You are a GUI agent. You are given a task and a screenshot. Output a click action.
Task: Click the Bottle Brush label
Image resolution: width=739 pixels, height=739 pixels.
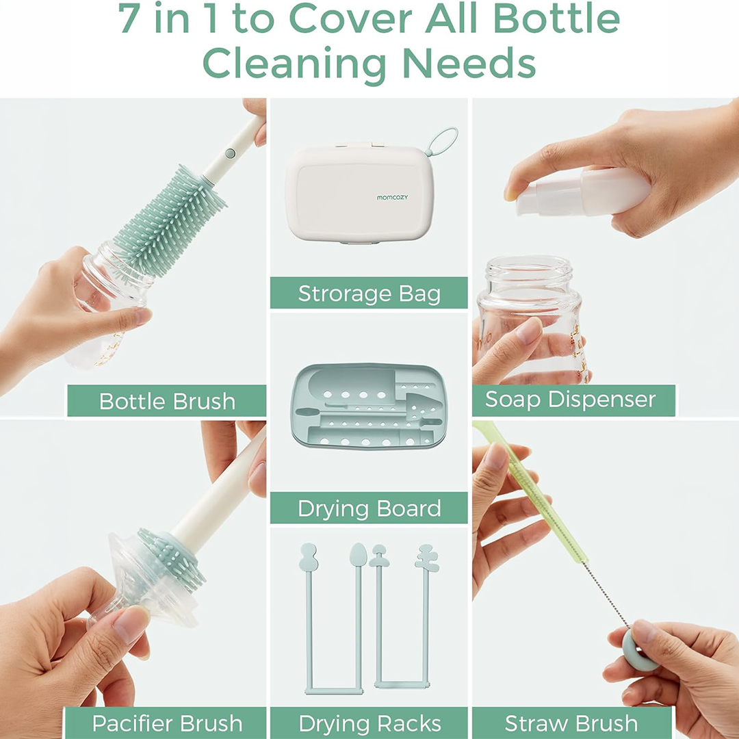(x=167, y=401)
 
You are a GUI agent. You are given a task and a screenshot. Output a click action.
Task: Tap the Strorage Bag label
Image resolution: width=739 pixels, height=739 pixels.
(x=369, y=293)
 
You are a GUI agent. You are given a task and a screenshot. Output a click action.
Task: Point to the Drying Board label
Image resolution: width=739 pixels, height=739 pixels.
(x=369, y=508)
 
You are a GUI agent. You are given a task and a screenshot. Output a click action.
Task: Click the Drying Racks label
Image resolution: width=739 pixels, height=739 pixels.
(x=369, y=723)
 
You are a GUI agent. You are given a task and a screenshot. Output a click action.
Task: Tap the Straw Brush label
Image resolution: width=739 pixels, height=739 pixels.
(x=571, y=723)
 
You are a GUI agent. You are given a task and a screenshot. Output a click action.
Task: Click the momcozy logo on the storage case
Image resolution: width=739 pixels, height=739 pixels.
(x=392, y=198)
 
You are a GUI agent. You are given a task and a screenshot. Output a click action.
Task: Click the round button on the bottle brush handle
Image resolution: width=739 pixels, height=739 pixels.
(x=230, y=153)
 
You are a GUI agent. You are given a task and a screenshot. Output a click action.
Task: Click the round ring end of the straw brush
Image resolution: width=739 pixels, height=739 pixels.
(x=640, y=651)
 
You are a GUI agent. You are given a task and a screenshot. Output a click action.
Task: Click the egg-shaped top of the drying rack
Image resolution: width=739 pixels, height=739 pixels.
(x=358, y=554)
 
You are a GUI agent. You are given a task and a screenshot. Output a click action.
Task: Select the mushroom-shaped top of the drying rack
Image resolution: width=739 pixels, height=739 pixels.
(x=379, y=556)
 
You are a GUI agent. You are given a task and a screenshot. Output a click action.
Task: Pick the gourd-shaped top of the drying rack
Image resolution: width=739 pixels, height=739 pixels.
(x=308, y=556)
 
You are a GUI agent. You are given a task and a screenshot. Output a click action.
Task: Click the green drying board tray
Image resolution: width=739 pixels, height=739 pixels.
(x=369, y=406)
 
